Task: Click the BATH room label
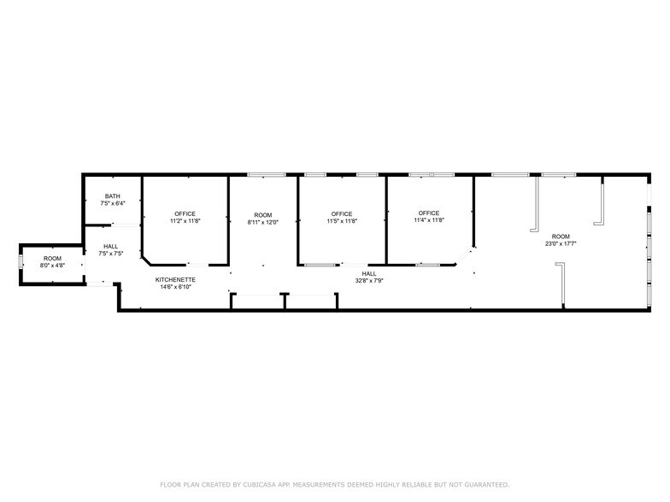(x=113, y=196)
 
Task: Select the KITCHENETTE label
(x=175, y=280)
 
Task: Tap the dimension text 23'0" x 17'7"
(x=561, y=244)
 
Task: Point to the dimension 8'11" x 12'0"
(x=263, y=222)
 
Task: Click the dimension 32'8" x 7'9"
(x=369, y=280)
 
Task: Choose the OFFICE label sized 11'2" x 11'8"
(x=185, y=213)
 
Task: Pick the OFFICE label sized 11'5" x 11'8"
(x=342, y=213)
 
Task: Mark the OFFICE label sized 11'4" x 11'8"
(x=429, y=213)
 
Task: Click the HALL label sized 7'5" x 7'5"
(x=111, y=246)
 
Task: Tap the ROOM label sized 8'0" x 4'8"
(x=53, y=258)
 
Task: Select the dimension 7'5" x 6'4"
(x=113, y=203)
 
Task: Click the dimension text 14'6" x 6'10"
(x=175, y=287)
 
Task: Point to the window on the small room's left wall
(x=21, y=261)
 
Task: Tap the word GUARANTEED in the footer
(x=487, y=485)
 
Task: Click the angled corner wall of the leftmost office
(x=146, y=260)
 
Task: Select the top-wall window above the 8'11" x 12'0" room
(x=267, y=174)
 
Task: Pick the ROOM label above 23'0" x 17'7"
(x=561, y=236)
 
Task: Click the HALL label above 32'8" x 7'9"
(x=369, y=273)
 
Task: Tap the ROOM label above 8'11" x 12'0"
(x=263, y=215)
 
